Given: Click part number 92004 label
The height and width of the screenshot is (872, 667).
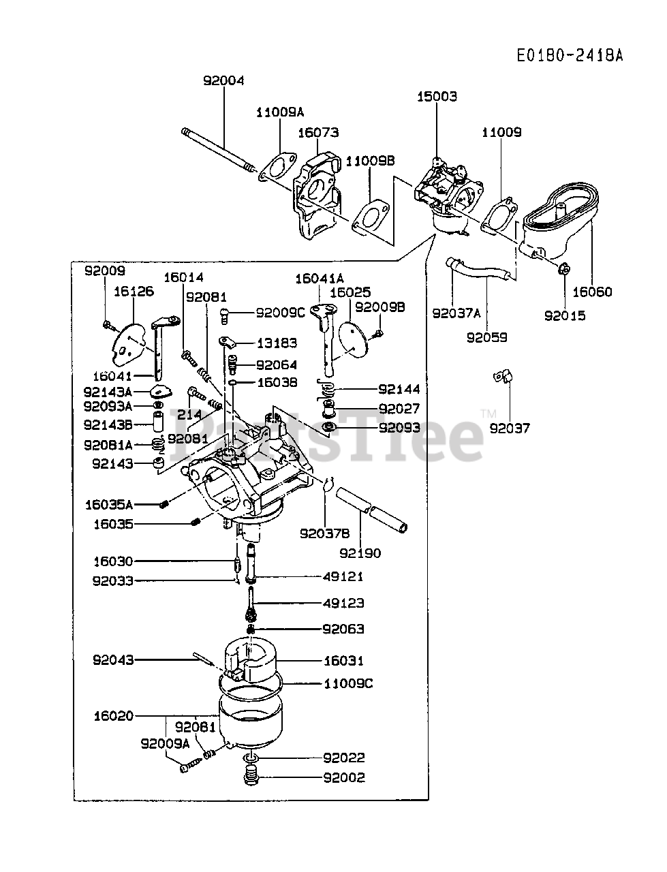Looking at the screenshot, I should [x=223, y=80].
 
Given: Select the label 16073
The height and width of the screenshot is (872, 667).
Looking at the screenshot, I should [x=317, y=132].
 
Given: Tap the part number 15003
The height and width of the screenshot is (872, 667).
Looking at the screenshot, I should [x=437, y=97].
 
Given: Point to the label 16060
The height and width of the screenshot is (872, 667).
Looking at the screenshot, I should [x=592, y=292].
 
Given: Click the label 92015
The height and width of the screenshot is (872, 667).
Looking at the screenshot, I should [x=565, y=315].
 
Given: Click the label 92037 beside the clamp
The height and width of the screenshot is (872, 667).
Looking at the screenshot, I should [x=510, y=428].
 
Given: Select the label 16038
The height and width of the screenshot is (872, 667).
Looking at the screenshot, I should [x=277, y=383].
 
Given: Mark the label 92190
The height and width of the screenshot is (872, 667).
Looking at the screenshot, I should [x=360, y=553].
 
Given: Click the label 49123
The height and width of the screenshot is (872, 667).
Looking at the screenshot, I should [x=343, y=603].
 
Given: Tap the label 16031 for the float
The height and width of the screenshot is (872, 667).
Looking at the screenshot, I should [x=343, y=660].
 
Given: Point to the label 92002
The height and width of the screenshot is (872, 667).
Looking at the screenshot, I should [x=344, y=777].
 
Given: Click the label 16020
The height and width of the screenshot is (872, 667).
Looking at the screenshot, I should [x=114, y=716].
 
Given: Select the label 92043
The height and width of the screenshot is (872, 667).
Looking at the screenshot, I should [x=114, y=659].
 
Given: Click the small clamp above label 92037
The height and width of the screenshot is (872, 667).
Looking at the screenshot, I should [x=504, y=376].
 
